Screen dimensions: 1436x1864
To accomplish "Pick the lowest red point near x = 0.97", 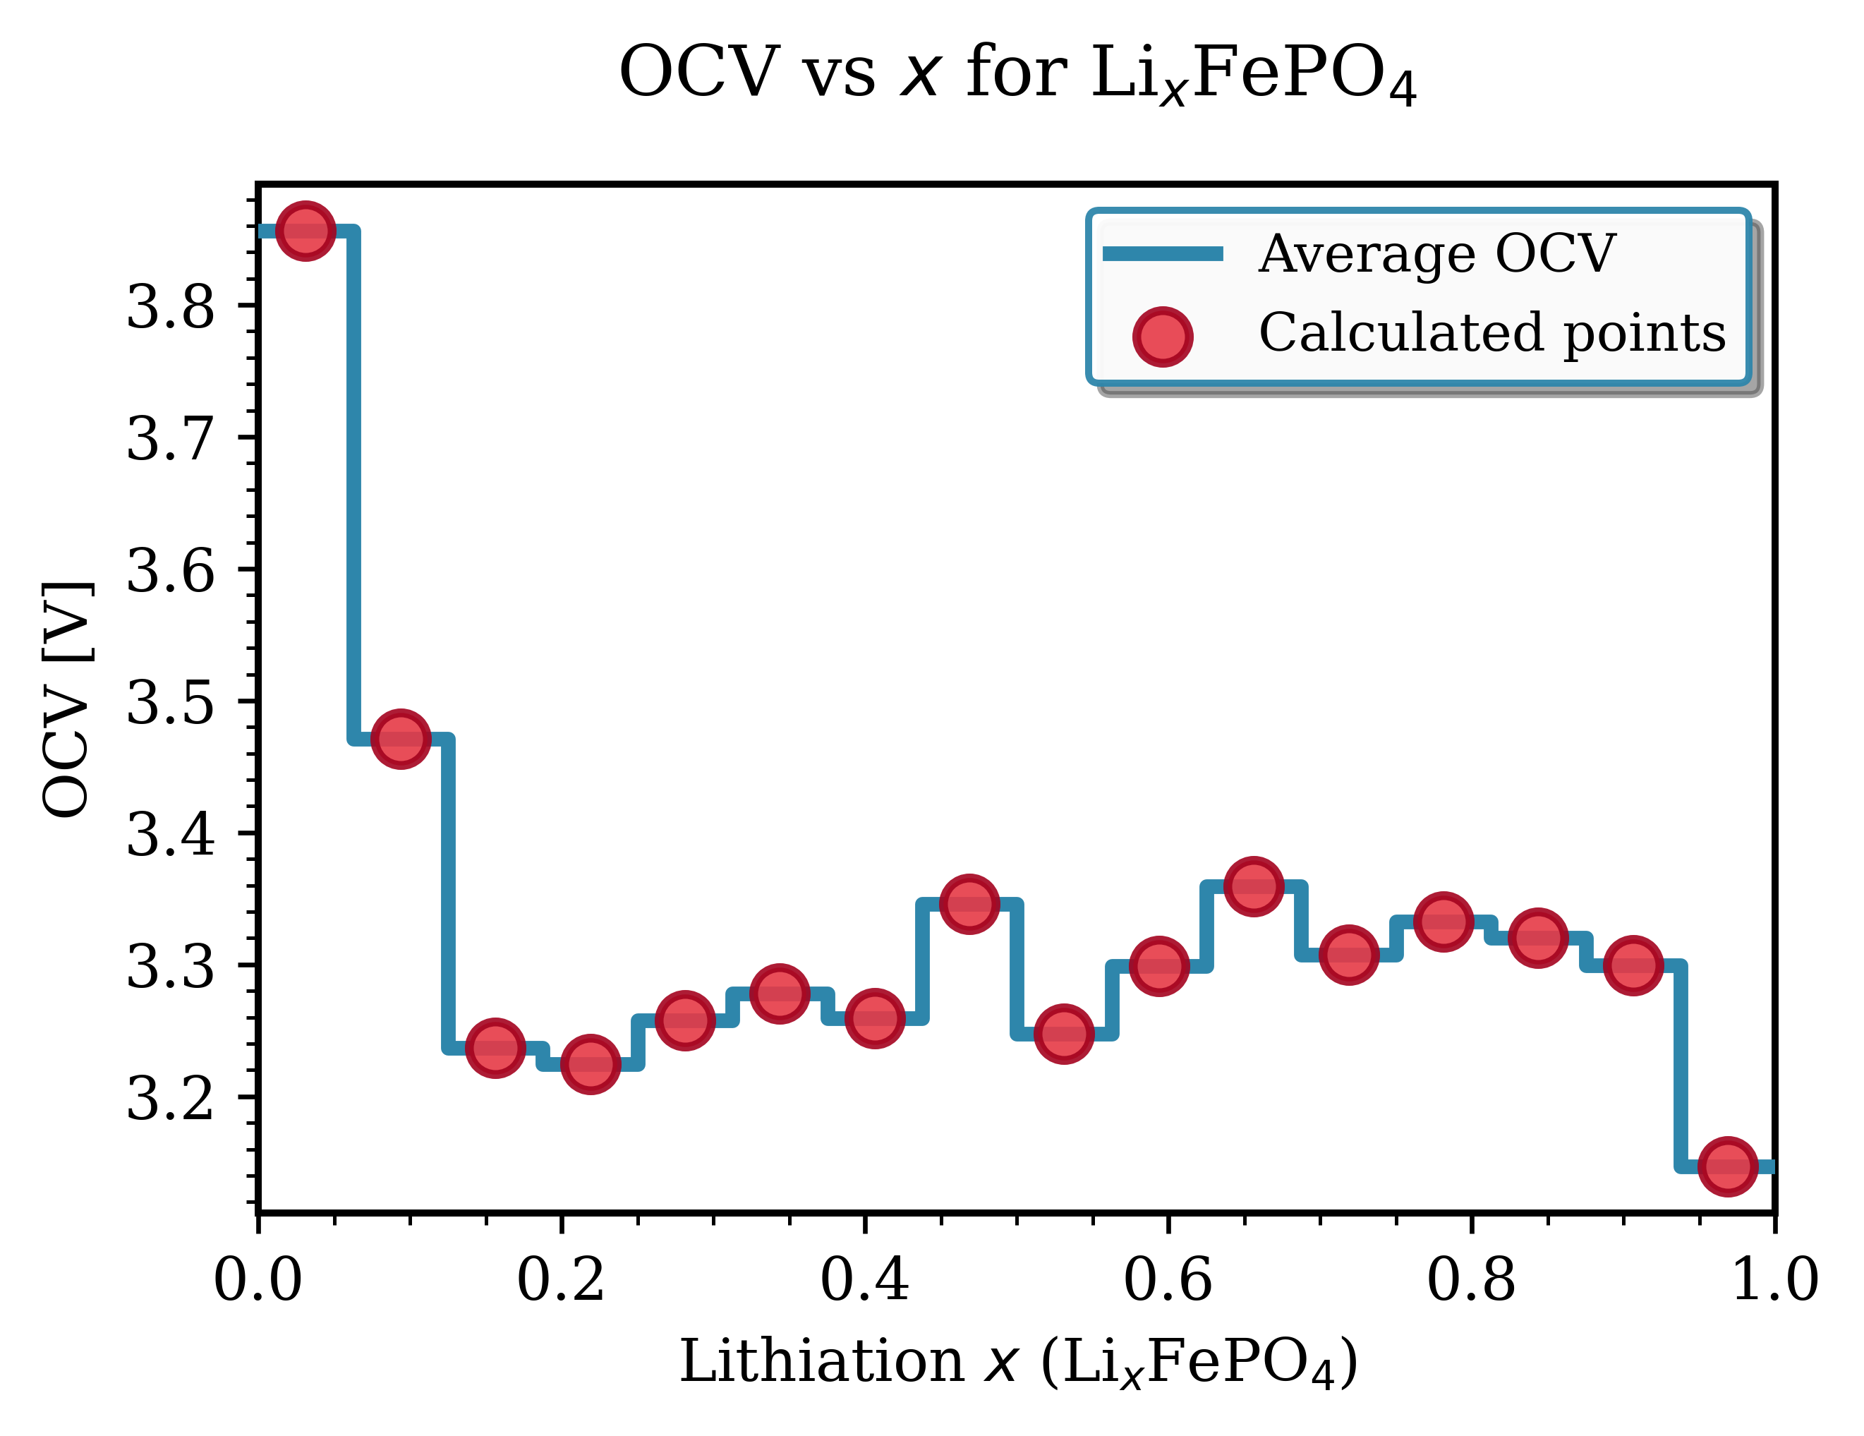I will point(1727,1166).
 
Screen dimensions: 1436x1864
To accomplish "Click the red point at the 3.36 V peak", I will point(1253,887).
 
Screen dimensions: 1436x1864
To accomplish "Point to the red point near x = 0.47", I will point(969,903).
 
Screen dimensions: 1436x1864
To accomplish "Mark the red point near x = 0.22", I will point(590,1063).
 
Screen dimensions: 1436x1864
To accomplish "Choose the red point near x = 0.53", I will point(1063,1033).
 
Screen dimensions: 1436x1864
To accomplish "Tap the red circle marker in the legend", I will point(1163,337).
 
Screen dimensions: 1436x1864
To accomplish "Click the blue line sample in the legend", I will point(1163,253).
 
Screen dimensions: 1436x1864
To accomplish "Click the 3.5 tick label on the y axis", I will point(171,702).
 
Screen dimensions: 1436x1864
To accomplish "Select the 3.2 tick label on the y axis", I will point(171,1098).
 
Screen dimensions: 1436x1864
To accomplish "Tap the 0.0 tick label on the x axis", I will point(258,1281).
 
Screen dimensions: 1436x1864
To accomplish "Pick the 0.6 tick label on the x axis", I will point(1168,1281).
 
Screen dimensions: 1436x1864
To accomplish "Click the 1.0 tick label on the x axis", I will point(1774,1281).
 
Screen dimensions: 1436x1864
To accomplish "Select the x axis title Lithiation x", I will point(1017,1363).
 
